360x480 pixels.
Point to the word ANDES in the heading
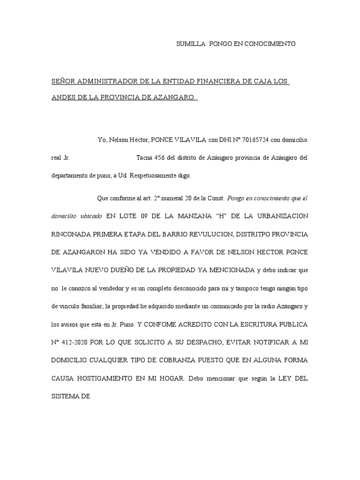coord(63,98)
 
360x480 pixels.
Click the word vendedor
coord(128,288)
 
